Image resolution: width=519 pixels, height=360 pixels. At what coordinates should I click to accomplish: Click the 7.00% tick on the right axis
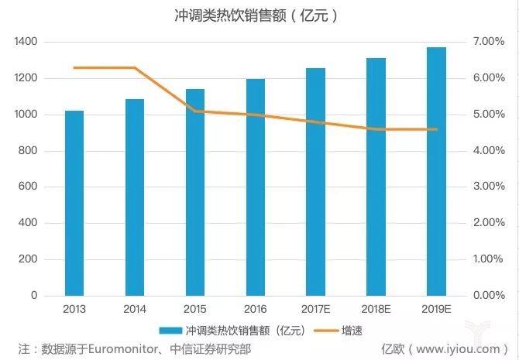[488, 42]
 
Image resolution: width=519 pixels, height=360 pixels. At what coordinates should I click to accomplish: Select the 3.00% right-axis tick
[488, 187]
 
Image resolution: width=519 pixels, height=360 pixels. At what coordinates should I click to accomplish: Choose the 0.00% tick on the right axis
[488, 296]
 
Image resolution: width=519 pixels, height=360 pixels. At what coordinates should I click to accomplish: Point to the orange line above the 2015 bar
[195, 111]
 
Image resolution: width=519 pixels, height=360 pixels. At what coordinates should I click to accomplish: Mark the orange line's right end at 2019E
[436, 129]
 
